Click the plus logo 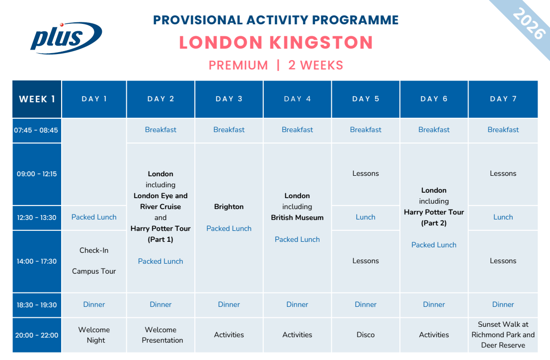point(66,38)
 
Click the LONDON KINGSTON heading point(276,43)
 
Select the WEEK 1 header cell point(37,99)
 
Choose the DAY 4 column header point(297,99)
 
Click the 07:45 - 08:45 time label point(36,131)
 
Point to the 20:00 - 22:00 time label point(37,335)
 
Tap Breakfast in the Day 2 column point(160,130)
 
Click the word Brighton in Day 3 point(229,207)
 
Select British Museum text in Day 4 point(297,217)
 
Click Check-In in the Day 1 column point(94,250)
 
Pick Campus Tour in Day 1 point(94,271)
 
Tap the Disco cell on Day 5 point(366,335)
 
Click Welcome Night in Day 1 point(94,335)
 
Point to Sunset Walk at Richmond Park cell point(503,335)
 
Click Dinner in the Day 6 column point(434,304)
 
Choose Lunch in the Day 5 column point(366,217)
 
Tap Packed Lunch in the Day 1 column point(94,217)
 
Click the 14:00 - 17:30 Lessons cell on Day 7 point(503,261)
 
